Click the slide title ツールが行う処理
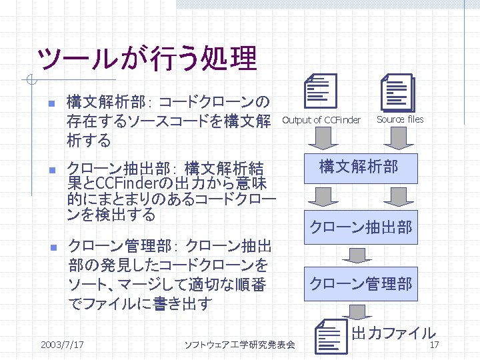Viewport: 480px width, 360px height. tap(147, 59)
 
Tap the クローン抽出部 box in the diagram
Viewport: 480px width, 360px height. tap(360, 227)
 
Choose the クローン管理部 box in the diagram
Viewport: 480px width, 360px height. tap(360, 285)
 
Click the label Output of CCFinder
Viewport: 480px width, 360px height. tap(321, 120)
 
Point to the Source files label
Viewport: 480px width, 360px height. tap(400, 119)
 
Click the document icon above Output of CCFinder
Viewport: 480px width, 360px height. tap(320, 91)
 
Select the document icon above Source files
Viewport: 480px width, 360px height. tap(397, 92)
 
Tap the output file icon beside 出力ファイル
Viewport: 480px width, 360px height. tap(331, 337)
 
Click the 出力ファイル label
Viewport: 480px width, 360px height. tap(393, 333)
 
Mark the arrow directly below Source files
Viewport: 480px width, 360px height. tap(398, 139)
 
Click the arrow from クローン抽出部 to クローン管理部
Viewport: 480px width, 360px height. tap(360, 255)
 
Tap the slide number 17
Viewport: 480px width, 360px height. tap(434, 345)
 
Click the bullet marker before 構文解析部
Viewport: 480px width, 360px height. tap(41, 104)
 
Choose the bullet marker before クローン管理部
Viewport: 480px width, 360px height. tap(41, 248)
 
